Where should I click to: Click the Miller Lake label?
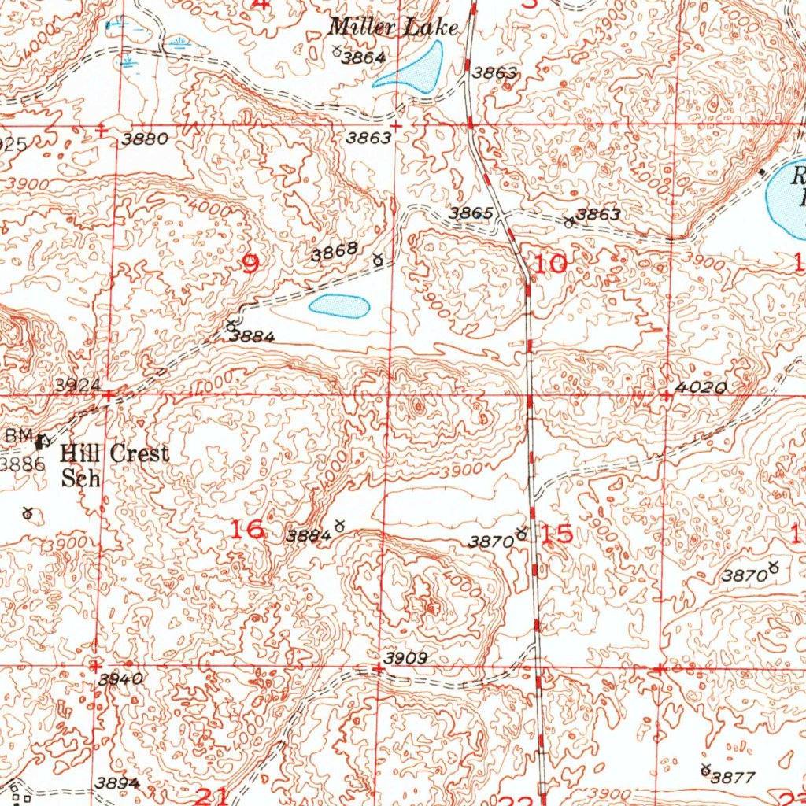pos(393,28)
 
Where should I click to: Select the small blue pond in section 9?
pos(339,306)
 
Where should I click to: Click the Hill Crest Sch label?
pos(113,465)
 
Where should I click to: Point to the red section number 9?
pos(250,264)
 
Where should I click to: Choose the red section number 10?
pos(550,264)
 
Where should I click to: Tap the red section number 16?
pos(247,530)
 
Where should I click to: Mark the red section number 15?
pos(557,534)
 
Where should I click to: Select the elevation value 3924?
pos(78,385)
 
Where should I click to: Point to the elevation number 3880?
pos(144,139)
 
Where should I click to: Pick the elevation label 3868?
pos(335,253)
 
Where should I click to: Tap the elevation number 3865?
pos(471,214)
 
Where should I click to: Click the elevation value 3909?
pos(405,658)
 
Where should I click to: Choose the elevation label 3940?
pos(121,679)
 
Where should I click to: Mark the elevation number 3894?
pos(118,782)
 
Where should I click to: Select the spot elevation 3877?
pos(733,777)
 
